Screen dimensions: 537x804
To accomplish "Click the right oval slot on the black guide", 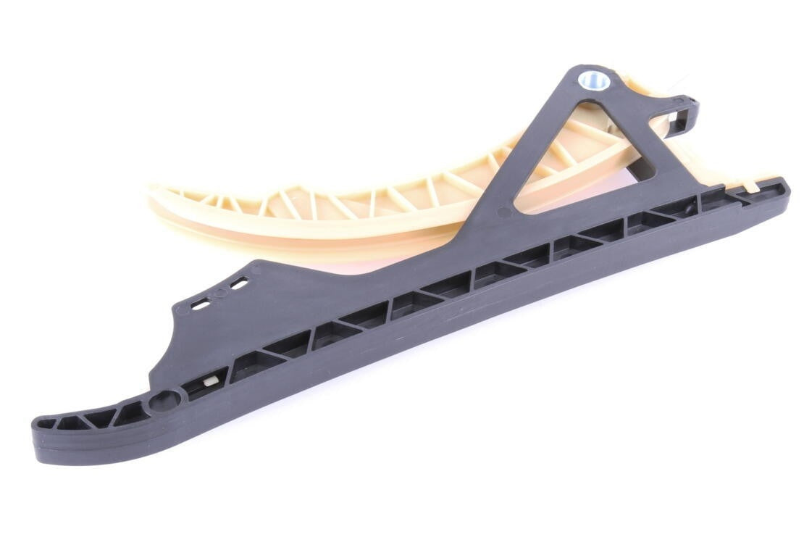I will (238, 284).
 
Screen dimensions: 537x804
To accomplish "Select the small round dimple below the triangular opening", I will (504, 212).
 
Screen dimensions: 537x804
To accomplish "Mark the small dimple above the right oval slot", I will (255, 268).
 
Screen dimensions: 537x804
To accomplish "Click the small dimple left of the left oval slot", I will (179, 310).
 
